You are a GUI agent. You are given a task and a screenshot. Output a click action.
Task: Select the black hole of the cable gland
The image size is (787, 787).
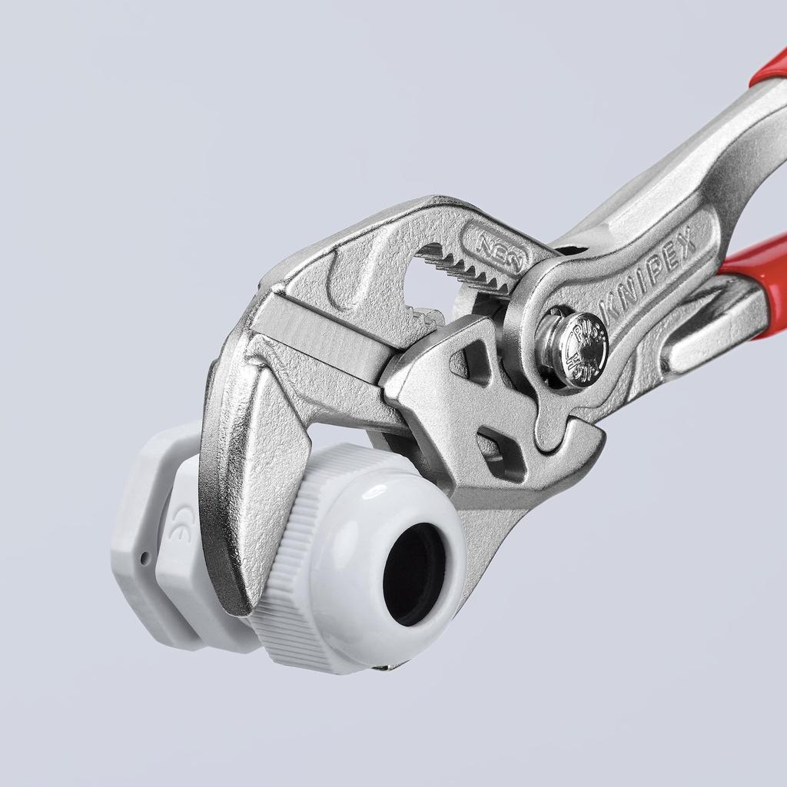[x=414, y=573]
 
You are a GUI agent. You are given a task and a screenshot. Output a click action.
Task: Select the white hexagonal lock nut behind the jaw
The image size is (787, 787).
[x=142, y=538]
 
